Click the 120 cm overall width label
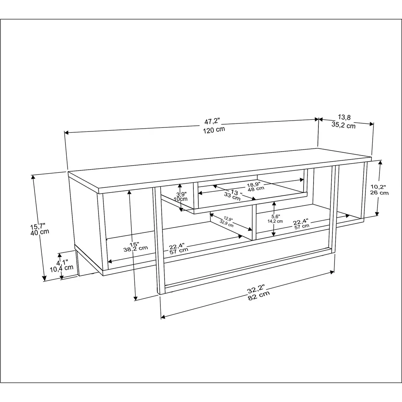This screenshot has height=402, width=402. click(x=213, y=129)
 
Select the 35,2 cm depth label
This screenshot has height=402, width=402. click(x=343, y=125)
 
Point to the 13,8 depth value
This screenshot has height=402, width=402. click(x=342, y=117)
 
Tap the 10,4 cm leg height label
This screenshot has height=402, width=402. click(x=62, y=268)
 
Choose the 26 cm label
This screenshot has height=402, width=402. click(x=379, y=193)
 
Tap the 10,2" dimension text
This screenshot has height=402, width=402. click(x=379, y=186)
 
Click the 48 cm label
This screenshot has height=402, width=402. click(x=256, y=188)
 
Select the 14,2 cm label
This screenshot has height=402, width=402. click(x=275, y=221)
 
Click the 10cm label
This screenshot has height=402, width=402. click(x=181, y=199)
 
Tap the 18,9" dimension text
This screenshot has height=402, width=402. click(x=256, y=183)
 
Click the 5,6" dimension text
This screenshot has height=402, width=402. click(x=275, y=215)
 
